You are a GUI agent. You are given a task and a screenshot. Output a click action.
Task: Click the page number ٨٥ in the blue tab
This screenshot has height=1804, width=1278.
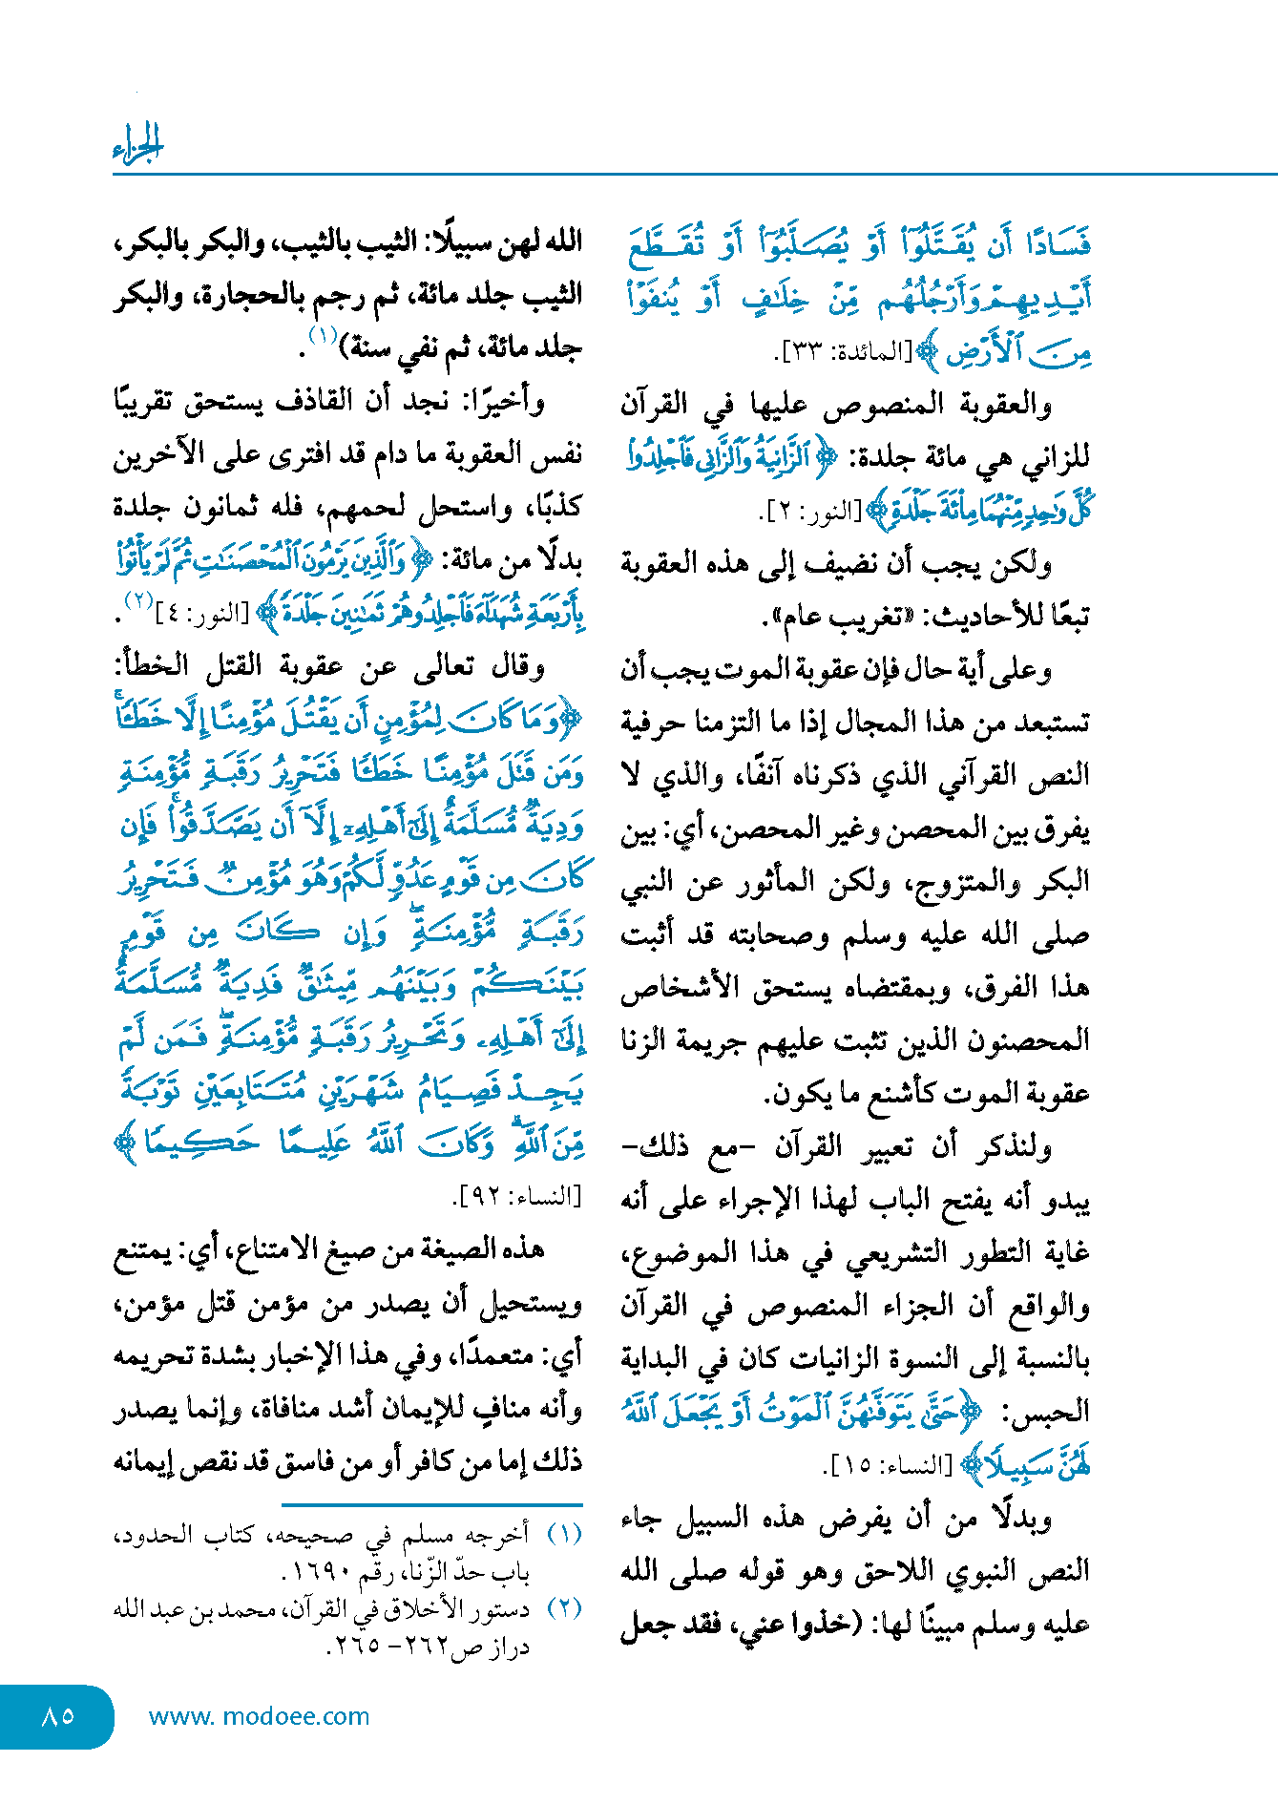point(58,1715)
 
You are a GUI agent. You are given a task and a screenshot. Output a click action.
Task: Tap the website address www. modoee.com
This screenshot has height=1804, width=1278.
point(259,1716)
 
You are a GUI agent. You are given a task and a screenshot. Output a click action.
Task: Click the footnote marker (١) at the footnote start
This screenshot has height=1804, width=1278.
point(564,1535)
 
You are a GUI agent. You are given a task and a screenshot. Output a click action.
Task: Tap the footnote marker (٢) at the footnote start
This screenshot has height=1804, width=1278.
point(564,1609)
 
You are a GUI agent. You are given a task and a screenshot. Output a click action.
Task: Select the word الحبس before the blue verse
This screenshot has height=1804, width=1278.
point(1054,1411)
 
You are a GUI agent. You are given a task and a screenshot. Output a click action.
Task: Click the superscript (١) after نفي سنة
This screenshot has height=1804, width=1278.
point(323,335)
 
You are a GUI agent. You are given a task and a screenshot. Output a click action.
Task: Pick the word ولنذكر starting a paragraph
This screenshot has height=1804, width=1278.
point(1016,1145)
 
